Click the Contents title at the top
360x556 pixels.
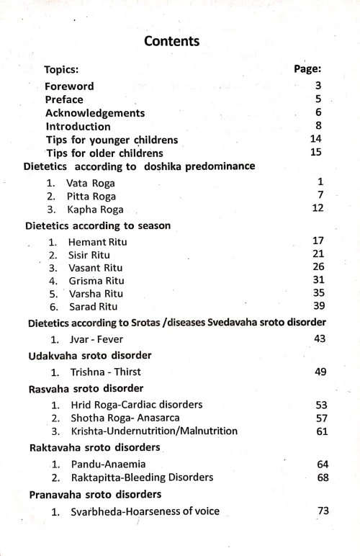(171, 41)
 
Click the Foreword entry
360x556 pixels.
(70, 86)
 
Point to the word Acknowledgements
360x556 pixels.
(95, 113)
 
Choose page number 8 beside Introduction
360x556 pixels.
(318, 126)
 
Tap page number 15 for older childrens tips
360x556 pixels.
(315, 153)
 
